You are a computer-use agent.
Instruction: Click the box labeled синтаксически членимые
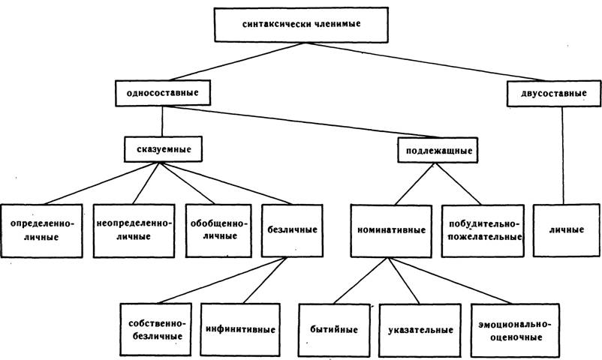tap(301, 24)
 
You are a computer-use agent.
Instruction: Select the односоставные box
tap(163, 93)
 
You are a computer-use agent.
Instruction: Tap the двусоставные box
tap(554, 93)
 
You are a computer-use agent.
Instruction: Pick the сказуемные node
tap(163, 149)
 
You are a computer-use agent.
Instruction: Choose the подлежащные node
tap(438, 150)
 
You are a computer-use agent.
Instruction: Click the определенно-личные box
tap(41, 231)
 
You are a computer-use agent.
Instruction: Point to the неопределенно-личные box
tap(134, 231)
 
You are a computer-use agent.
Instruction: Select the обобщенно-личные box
tap(219, 231)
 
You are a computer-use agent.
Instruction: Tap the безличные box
tap(292, 231)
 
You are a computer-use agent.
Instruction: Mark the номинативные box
tap(391, 231)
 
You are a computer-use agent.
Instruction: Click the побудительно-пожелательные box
tap(483, 231)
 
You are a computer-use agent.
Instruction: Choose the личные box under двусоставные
tap(566, 230)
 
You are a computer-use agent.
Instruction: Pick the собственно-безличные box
tap(155, 330)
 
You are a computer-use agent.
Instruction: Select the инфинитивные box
tap(240, 330)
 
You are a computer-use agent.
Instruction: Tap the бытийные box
tap(334, 331)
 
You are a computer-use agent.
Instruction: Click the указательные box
tap(420, 331)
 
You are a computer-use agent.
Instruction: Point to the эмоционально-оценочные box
tap(515, 331)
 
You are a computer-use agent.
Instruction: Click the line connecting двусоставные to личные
tap(563, 155)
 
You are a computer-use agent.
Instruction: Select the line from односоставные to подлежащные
tap(303, 121)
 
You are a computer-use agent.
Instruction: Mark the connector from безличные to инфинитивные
tap(265, 280)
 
